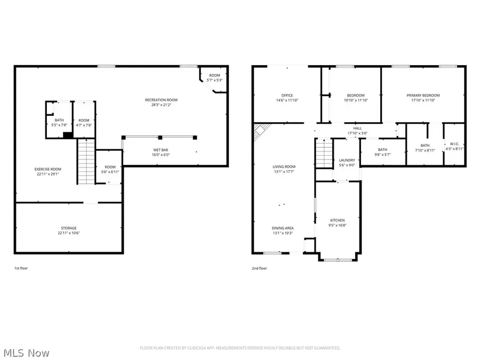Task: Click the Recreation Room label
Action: [x=161, y=100]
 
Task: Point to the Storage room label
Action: [x=68, y=228]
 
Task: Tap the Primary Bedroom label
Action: [x=423, y=95]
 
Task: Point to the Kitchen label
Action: [x=337, y=220]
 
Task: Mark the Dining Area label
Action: [x=283, y=228]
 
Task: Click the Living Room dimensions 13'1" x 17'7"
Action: [x=284, y=171]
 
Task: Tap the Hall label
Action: [x=357, y=128]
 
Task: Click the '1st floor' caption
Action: [x=21, y=268]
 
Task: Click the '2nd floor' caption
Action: [x=259, y=268]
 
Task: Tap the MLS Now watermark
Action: [x=26, y=353]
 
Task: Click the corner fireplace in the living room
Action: [x=260, y=131]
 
